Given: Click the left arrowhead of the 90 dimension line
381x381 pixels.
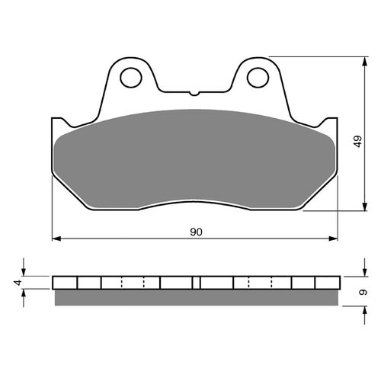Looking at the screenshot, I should (x=56, y=239).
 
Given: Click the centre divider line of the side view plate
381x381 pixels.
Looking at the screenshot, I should (x=197, y=283).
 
